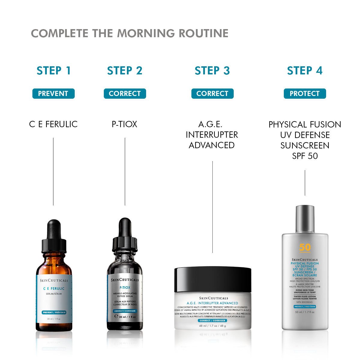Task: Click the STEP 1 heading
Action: pyautogui.click(x=54, y=71)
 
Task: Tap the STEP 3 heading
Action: pyautogui.click(x=212, y=71)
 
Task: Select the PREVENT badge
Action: pyautogui.click(x=53, y=94)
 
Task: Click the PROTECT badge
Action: pyautogui.click(x=304, y=94)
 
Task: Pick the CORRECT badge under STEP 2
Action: pyautogui.click(x=125, y=94)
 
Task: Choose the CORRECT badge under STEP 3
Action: pyautogui.click(x=212, y=94)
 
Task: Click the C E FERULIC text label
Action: pyautogui.click(x=53, y=124)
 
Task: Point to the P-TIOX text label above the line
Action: pyautogui.click(x=124, y=124)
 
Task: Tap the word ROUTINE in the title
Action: pyautogui.click(x=204, y=33)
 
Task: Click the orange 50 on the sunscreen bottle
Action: pyautogui.click(x=305, y=247)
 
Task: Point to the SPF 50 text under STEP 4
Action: pyautogui.click(x=305, y=156)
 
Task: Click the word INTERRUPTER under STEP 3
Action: pyautogui.click(x=212, y=135)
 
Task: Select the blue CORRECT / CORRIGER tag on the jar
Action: pyautogui.click(x=212, y=321)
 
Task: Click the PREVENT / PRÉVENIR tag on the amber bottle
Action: pyautogui.click(x=54, y=312)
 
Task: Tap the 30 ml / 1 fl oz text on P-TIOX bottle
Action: pyautogui.click(x=127, y=317)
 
